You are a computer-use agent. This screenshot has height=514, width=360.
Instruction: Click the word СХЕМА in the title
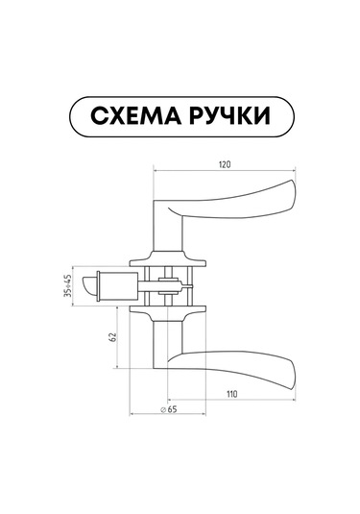point(135,116)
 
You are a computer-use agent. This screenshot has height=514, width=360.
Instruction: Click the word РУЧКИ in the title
point(230,116)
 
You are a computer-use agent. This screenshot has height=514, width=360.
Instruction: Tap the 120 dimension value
point(225,164)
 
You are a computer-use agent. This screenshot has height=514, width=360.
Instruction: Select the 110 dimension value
point(231,394)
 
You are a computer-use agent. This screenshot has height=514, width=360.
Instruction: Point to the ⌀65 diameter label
point(168,409)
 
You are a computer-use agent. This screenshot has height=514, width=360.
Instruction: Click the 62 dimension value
point(112,337)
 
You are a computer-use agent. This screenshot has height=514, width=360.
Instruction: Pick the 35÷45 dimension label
point(68,286)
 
